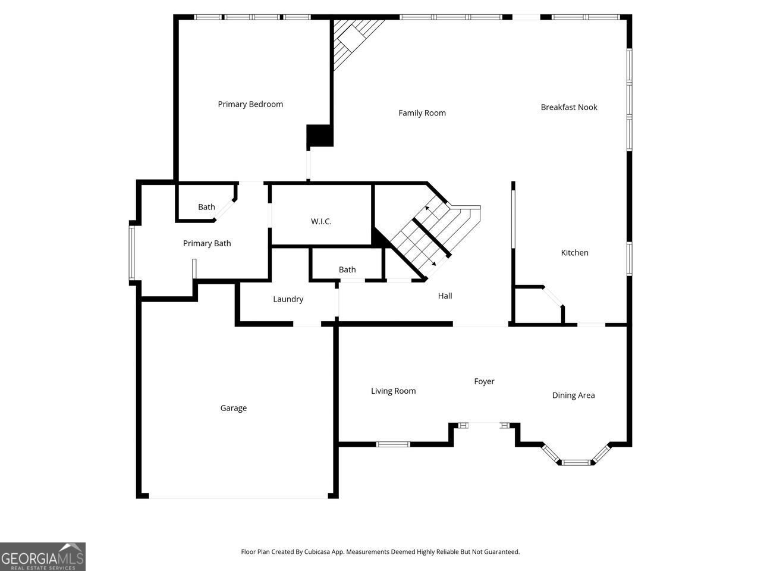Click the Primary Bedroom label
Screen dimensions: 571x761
point(250,104)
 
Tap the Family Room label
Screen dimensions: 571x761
point(422,113)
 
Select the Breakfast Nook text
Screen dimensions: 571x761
point(569,107)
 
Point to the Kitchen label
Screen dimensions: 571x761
point(575,253)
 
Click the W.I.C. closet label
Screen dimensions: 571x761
point(321,221)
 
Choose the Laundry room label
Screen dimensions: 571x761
point(288,299)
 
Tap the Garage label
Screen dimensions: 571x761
point(234,408)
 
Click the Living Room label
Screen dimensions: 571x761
point(394,391)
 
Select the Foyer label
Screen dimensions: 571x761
point(484,381)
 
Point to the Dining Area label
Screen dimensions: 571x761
point(573,395)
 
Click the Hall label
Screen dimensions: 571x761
point(445,296)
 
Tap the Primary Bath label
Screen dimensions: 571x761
point(207,243)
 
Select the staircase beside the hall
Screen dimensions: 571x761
point(425,238)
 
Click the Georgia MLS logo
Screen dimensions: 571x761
point(43,557)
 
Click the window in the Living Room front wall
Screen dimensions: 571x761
point(394,444)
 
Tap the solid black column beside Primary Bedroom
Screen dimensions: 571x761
point(319,136)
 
